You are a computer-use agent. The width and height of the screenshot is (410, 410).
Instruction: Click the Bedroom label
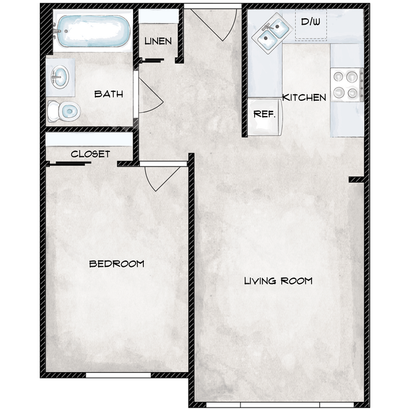click(x=117, y=264)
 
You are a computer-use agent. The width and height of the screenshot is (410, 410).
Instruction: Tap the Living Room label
click(x=278, y=281)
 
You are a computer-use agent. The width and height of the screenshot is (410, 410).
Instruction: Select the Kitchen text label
click(x=304, y=98)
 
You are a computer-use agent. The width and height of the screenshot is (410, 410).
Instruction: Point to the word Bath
click(x=108, y=95)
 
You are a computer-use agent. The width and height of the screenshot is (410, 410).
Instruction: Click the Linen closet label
click(x=158, y=42)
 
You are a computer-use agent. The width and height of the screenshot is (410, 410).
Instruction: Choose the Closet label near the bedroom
click(x=90, y=154)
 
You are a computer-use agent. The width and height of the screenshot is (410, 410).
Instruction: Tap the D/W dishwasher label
click(x=310, y=22)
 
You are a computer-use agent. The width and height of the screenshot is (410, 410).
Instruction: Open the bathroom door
click(x=150, y=95)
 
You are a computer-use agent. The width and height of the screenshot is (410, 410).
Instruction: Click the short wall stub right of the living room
click(x=356, y=180)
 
